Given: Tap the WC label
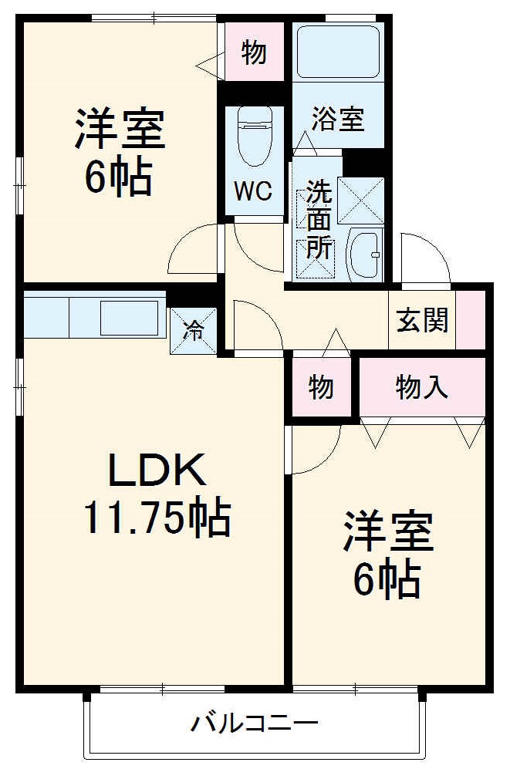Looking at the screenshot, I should click(x=254, y=191).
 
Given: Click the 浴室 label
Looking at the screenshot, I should click(x=338, y=120).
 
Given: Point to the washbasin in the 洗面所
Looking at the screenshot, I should click(x=365, y=252).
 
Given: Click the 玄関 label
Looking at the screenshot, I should click(x=422, y=319).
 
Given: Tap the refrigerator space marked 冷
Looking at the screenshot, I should click(x=193, y=331).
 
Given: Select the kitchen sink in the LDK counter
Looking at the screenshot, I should click(x=129, y=317).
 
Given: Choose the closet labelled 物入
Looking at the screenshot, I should click(x=422, y=387).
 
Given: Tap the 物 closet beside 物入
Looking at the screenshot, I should click(x=321, y=387).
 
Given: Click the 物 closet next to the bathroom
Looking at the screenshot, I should click(x=254, y=52).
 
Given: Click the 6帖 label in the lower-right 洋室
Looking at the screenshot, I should click(x=387, y=579).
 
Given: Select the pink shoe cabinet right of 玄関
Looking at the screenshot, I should click(x=471, y=319).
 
